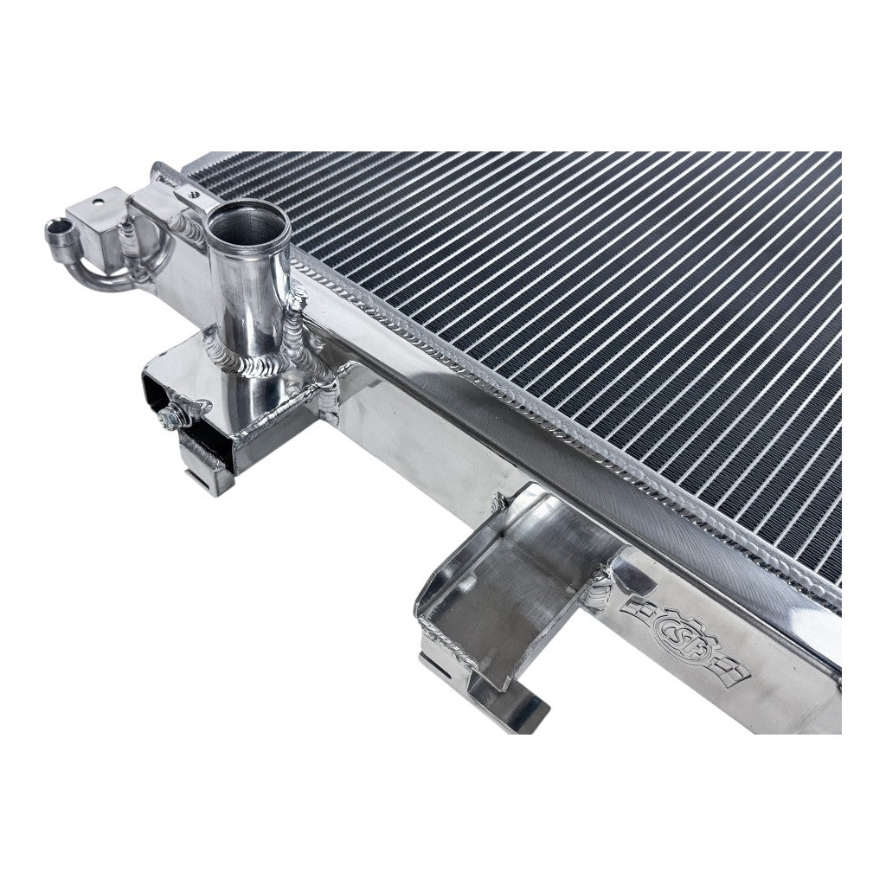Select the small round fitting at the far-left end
click(x=61, y=232)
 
